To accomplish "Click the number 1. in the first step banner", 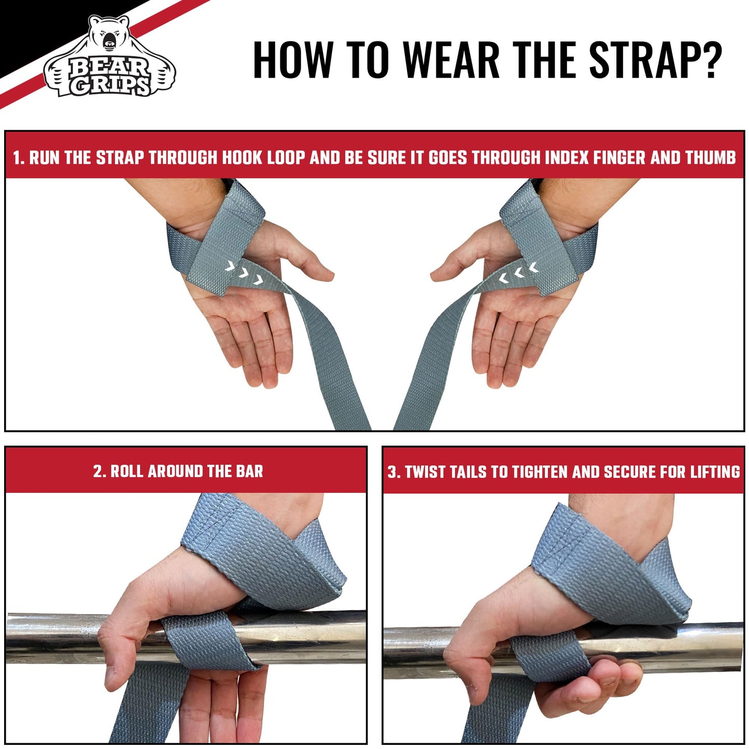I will coord(19,158).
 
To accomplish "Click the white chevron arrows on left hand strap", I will coord(244,273).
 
